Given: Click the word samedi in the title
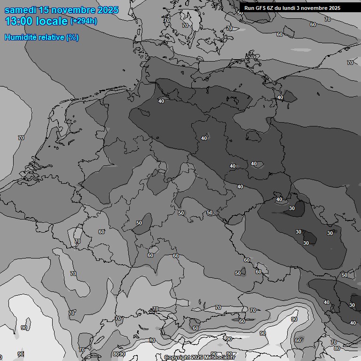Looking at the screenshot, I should [x=20, y=10].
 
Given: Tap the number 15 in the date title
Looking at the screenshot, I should [x=46, y=10].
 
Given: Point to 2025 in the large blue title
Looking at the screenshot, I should [x=108, y=10].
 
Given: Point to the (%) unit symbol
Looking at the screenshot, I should [x=72, y=37].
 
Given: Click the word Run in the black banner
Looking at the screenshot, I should [x=250, y=8].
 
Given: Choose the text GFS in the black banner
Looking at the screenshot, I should [x=261, y=8].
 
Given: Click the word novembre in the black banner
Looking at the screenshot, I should [x=314, y=8].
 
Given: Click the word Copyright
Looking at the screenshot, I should [x=177, y=358].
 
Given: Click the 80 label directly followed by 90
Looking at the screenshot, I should [x=116, y=354].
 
